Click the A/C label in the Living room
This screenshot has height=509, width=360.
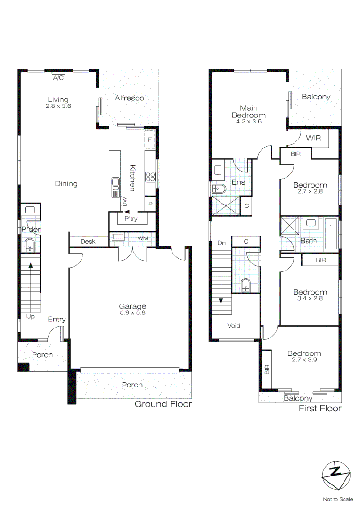point(58,78)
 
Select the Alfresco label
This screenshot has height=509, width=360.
point(130,98)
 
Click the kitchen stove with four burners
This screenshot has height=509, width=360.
point(150,177)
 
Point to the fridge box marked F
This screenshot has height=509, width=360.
point(150,140)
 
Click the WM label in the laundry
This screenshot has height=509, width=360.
point(142,238)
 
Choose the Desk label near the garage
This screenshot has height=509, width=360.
point(88,241)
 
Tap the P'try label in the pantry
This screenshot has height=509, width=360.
point(131,220)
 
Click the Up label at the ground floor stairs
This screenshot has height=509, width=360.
point(30,316)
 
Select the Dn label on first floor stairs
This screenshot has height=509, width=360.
point(221,243)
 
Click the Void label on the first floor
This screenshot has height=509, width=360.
point(234,326)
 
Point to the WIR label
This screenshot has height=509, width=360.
point(314,138)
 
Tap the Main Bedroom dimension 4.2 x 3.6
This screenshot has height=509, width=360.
point(248,122)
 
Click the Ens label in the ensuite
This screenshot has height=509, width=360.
point(238,182)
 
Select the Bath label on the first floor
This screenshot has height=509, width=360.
point(309,241)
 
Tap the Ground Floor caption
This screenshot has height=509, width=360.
point(163,404)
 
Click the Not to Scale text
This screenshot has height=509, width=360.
point(337,499)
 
